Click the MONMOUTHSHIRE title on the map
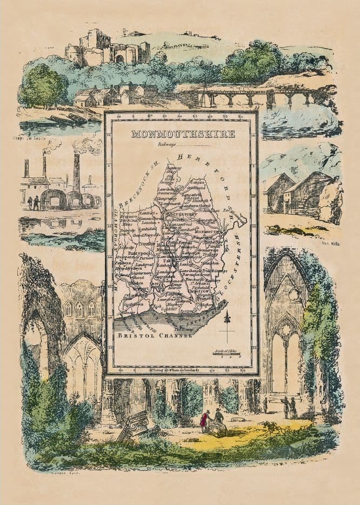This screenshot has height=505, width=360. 183,134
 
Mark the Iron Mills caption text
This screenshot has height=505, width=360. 329,244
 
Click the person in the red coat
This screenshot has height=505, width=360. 205,420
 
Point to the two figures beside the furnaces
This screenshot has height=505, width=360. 33,203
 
